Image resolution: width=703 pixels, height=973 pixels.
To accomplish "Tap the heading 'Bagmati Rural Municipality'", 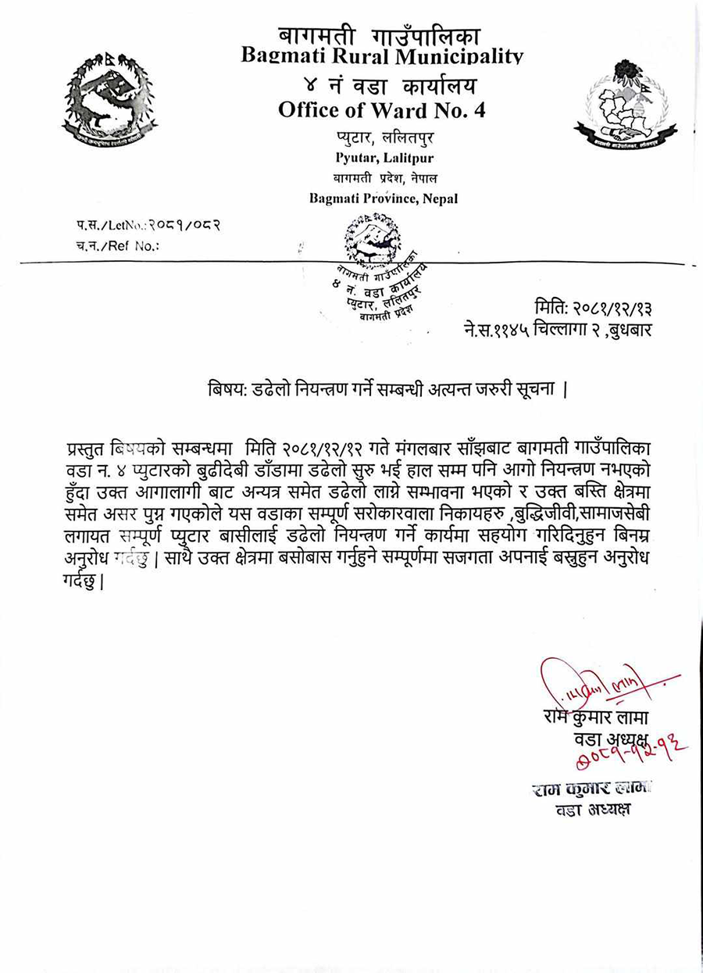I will click(x=381, y=55).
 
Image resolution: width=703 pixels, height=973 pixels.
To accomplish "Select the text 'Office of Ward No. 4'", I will click(x=381, y=110).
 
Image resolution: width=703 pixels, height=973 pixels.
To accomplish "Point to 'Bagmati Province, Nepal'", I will click(x=383, y=199).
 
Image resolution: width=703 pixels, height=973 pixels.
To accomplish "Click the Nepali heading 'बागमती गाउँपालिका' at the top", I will click(x=380, y=35).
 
